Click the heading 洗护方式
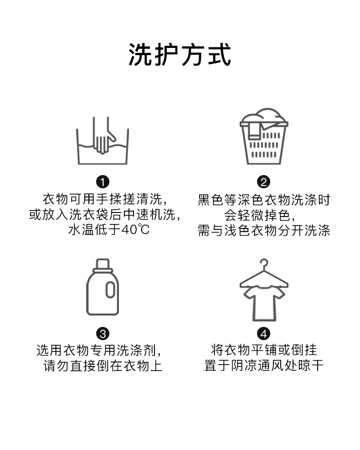tap(180, 55)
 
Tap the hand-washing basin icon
tap(103, 141)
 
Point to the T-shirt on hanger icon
tap(263, 292)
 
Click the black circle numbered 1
tap(103, 182)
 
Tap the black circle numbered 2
tap(264, 182)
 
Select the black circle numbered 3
tap(103, 333)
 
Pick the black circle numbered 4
tap(264, 333)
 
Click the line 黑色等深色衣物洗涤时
tap(264, 199)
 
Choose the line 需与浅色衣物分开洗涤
tap(264, 230)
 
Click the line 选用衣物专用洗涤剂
tap(99, 350)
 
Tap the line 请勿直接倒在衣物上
tap(103, 366)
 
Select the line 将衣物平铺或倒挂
tap(264, 350)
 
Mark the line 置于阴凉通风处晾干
tap(264, 366)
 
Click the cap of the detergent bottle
tap(103, 264)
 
